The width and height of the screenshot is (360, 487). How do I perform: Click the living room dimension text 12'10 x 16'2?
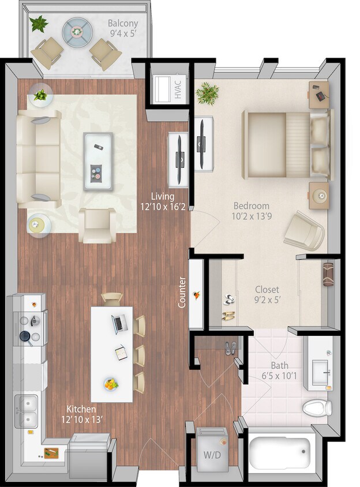pyautogui.click(x=163, y=206)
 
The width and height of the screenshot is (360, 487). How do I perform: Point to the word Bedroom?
pyautogui.click(x=251, y=205)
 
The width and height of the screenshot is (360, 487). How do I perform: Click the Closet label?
pyautogui.click(x=267, y=289)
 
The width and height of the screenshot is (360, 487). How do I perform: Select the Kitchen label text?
pyautogui.click(x=81, y=409)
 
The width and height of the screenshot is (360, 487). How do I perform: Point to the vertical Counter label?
pyautogui.click(x=182, y=293)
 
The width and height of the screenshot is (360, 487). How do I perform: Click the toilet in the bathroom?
pyautogui.click(x=317, y=408)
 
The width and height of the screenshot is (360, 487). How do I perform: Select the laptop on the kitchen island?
pyautogui.click(x=119, y=324)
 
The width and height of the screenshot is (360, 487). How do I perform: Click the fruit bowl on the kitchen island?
pyautogui.click(x=111, y=383)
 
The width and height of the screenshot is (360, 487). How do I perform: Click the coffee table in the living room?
pyautogui.click(x=98, y=153)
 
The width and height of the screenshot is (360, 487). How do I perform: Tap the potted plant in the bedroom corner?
pyautogui.click(x=208, y=92)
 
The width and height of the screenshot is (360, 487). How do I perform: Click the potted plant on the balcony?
pyautogui.click(x=39, y=24)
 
